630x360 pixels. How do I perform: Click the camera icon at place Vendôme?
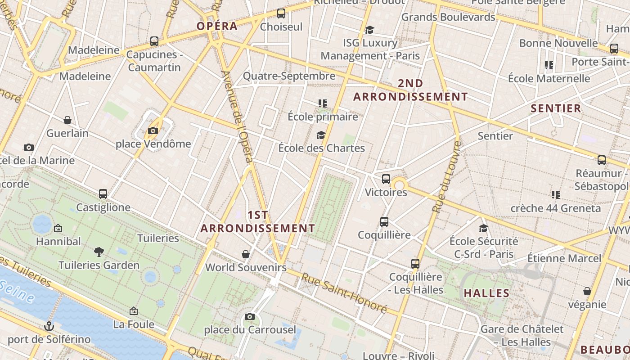[x=153, y=131]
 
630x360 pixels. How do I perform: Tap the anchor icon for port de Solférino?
[x=49, y=326]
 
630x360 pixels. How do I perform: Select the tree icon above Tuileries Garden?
[x=99, y=252]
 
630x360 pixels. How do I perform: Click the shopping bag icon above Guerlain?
[x=67, y=120]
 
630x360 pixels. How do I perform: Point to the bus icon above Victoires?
[x=386, y=179]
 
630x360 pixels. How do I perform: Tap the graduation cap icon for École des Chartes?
[x=321, y=135]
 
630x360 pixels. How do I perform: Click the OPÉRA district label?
[x=217, y=26]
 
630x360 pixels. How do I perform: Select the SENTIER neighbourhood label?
[x=556, y=108]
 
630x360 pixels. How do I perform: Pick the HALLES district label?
[x=486, y=293]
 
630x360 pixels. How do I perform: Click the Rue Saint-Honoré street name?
[x=344, y=293]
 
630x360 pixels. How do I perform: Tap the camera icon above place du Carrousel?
[x=250, y=317]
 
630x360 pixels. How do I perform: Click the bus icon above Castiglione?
[x=103, y=194]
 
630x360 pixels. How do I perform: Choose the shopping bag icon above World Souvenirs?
[x=246, y=254]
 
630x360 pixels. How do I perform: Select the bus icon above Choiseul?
[x=281, y=13]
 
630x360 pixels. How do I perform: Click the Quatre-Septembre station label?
[x=289, y=76]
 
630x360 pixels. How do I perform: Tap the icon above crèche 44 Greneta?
[x=555, y=195]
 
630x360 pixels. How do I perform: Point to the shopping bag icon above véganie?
[x=587, y=291]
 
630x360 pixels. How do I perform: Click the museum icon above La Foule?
[x=133, y=311]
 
